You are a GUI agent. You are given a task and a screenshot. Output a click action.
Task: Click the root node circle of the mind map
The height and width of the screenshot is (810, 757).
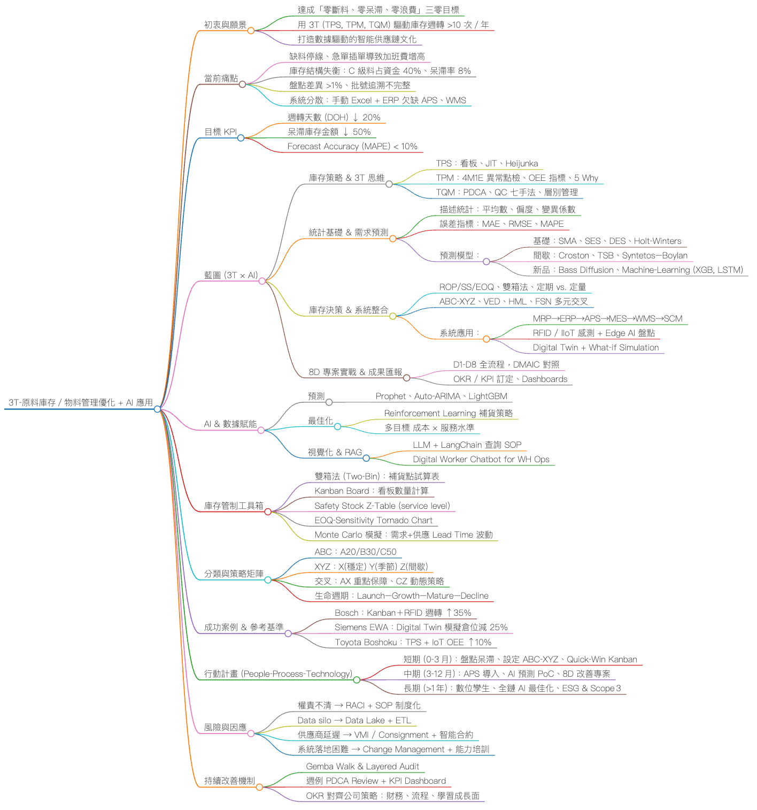(x=157, y=409)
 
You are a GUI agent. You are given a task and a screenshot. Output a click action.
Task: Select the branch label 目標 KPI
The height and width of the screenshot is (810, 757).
(x=220, y=132)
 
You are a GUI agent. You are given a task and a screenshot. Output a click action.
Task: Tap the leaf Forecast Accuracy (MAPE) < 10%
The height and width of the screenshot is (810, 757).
(x=352, y=146)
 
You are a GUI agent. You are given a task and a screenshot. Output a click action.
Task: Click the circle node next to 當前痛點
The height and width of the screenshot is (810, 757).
(x=242, y=84)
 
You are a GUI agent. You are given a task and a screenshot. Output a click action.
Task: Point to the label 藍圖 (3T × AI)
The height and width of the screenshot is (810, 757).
(x=230, y=275)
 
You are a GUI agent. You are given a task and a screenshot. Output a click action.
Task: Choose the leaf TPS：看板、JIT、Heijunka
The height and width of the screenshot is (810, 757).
(x=486, y=163)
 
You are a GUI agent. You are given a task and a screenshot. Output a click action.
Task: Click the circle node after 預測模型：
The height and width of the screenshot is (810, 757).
(x=486, y=262)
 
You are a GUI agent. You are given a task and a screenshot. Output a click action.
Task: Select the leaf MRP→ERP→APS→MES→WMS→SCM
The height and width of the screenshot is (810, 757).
(x=607, y=318)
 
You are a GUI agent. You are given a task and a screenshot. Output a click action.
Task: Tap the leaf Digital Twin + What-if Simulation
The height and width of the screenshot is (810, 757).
(x=596, y=347)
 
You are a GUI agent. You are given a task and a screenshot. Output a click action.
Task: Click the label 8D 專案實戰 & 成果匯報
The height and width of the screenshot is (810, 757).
(x=355, y=372)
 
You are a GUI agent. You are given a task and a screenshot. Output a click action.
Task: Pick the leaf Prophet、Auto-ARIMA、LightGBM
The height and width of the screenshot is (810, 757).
(x=441, y=396)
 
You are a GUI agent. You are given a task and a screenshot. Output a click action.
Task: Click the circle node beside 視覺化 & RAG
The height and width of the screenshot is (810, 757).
(x=366, y=458)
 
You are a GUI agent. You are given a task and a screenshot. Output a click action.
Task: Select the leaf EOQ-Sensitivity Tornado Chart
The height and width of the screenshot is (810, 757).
(x=373, y=520)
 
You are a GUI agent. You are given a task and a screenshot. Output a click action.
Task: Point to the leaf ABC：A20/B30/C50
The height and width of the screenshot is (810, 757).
(x=356, y=552)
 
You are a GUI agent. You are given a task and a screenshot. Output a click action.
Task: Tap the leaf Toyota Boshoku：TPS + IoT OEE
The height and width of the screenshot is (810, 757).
(x=413, y=642)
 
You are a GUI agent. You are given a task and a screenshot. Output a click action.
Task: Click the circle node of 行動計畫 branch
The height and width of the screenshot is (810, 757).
(x=357, y=679)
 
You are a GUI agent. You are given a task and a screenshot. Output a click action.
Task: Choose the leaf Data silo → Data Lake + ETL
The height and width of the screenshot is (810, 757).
(x=354, y=720)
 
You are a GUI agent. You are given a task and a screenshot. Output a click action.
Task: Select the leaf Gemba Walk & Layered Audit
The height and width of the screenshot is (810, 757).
(x=362, y=766)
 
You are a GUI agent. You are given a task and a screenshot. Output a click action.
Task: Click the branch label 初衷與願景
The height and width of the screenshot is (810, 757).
(x=225, y=25)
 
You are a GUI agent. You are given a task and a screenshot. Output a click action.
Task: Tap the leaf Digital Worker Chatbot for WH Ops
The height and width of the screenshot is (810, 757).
(x=481, y=459)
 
